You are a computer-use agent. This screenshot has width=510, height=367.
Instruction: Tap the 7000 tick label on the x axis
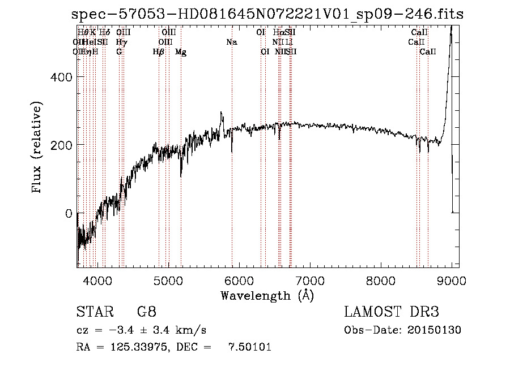[310, 279]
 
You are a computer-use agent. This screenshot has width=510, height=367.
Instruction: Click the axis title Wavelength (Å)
[267, 295]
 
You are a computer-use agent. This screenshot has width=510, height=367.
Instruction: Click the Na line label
[231, 42]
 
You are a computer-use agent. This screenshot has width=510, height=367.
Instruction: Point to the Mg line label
[181, 52]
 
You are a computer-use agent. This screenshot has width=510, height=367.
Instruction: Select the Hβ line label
[159, 52]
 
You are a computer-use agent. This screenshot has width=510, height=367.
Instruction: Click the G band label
[119, 52]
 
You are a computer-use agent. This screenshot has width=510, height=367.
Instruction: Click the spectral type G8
[147, 312]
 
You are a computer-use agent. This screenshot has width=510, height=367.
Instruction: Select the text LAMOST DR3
[392, 312]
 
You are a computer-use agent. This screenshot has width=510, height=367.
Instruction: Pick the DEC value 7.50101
[250, 347]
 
